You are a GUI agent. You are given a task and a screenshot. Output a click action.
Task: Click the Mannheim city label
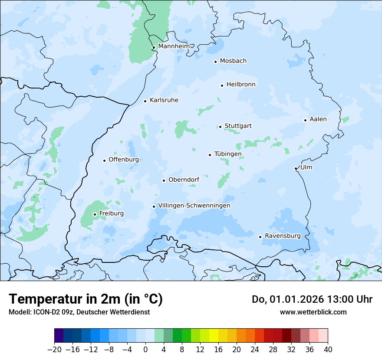pyautogui.click(x=174, y=46)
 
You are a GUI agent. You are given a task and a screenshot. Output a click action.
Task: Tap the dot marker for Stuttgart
pyautogui.click(x=220, y=127)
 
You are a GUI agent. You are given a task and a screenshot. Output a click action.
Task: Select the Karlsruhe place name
pyautogui.click(x=164, y=100)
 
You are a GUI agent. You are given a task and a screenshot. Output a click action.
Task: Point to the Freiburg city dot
pyautogui.click(x=95, y=214)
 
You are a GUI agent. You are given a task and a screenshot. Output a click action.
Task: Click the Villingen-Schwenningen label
pyautogui.click(x=194, y=206)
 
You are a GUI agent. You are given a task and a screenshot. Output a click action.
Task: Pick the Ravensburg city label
pyautogui.click(x=282, y=236)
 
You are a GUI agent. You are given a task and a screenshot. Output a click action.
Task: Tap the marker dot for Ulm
pyautogui.click(x=296, y=168)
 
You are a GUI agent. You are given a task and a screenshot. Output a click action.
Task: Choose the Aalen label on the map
pyautogui.click(x=318, y=119)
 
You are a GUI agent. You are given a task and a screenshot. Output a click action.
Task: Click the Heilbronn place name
pyautogui.click(x=241, y=85)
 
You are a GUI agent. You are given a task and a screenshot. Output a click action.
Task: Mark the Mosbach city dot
pyautogui.click(x=215, y=62)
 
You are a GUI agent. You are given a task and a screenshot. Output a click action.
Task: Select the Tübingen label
pyautogui.click(x=227, y=154)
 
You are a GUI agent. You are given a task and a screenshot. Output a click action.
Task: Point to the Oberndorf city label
pyautogui.click(x=184, y=180)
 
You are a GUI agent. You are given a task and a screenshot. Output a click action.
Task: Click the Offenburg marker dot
pyautogui.click(x=104, y=160)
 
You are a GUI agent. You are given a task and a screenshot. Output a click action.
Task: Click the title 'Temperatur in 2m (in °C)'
pyautogui.click(x=86, y=299)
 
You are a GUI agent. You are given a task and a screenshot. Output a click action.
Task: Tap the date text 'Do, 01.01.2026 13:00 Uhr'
pyautogui.click(x=312, y=299)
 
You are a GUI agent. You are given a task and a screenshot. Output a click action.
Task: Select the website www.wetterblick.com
pyautogui.click(x=313, y=312)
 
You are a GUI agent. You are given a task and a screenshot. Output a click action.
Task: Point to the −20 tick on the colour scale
pyautogui.click(x=54, y=350)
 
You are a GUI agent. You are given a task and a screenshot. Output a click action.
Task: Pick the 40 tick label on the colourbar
pyautogui.click(x=328, y=350)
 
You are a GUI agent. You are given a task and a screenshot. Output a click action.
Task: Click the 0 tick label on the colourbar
pyautogui.click(x=145, y=350)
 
